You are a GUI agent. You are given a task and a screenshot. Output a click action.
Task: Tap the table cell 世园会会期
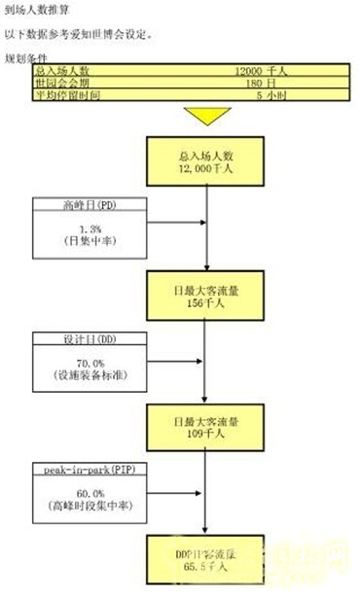(59, 84)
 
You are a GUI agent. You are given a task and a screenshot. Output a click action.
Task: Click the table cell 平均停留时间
(63, 96)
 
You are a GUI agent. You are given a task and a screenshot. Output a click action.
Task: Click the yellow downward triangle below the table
(206, 115)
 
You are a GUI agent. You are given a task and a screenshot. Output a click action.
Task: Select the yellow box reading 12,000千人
(206, 161)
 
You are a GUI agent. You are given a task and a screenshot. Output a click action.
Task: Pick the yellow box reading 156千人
(206, 296)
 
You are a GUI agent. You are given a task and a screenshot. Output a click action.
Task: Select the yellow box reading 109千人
(206, 430)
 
